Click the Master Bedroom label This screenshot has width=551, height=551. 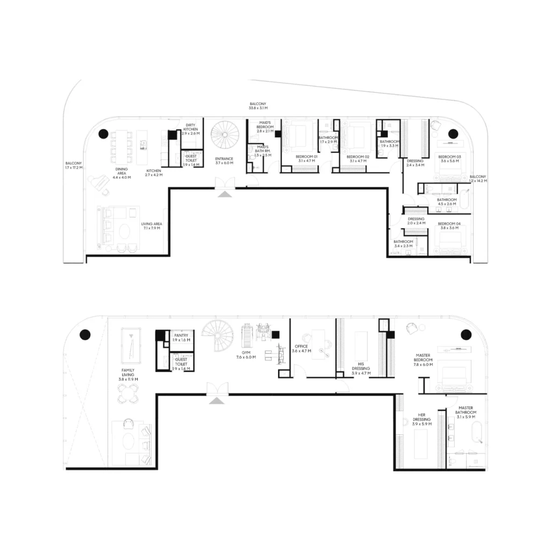point(422,358)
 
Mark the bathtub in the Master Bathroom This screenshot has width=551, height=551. point(475,433)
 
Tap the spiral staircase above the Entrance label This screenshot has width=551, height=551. point(223,136)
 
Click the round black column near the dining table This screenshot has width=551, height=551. point(102,134)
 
